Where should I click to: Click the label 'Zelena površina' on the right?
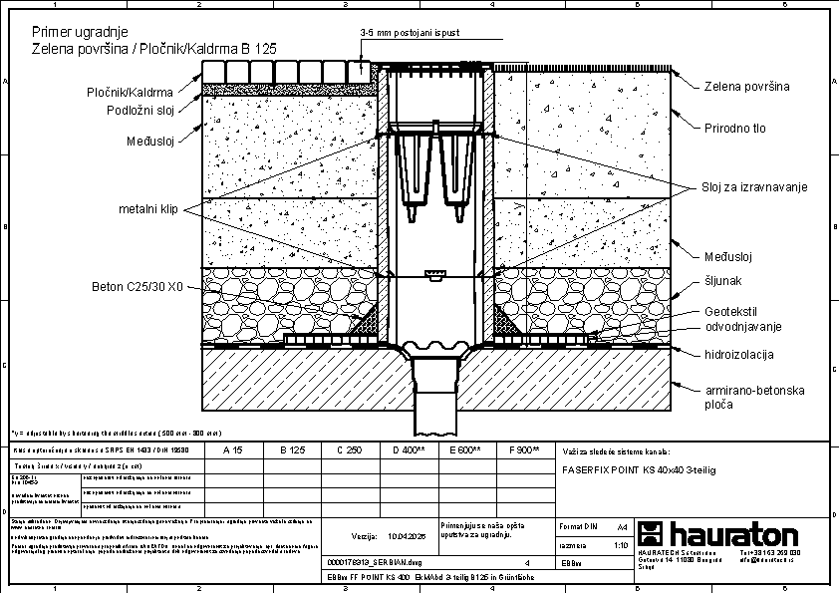click(x=746, y=87)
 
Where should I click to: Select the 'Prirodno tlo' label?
click(x=736, y=129)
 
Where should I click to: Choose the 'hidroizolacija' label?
click(x=739, y=354)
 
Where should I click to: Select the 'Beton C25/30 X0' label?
click(x=138, y=287)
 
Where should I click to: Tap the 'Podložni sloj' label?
click(x=140, y=110)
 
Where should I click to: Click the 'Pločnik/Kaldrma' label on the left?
click(x=131, y=93)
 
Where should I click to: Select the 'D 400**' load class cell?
click(x=409, y=450)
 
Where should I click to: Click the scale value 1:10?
click(x=621, y=546)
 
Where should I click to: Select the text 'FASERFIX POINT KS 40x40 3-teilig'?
click(x=639, y=467)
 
